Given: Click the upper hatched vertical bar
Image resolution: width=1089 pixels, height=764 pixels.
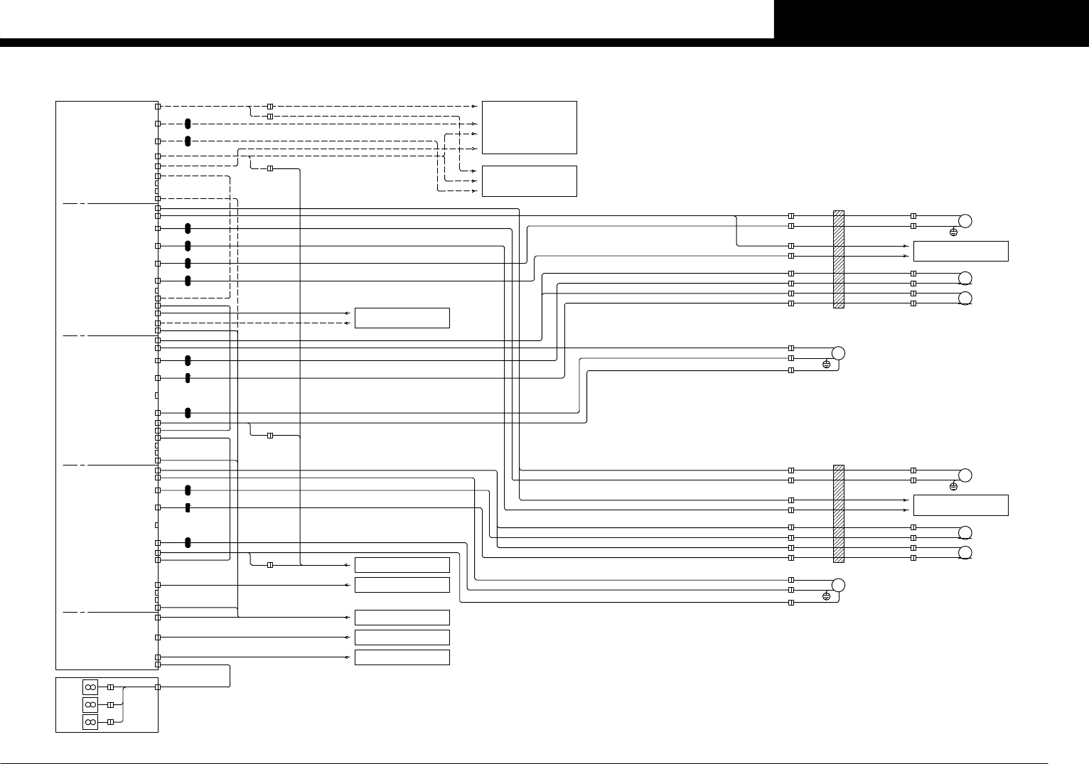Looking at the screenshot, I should [x=838, y=259].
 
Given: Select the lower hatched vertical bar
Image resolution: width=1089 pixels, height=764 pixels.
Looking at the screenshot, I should [x=838, y=514].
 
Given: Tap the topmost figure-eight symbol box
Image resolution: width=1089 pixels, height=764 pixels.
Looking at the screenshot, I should [x=90, y=687].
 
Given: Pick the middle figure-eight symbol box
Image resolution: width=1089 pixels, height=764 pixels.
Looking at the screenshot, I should [x=90, y=704].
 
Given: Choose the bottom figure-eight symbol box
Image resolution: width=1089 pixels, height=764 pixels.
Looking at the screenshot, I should [x=90, y=722].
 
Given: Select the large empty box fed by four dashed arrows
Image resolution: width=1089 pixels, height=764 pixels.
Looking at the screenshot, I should [x=529, y=127].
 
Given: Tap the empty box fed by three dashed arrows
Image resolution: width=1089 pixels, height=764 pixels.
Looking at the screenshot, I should [x=529, y=181].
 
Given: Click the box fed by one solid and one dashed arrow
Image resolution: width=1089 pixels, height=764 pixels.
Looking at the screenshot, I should [x=402, y=318].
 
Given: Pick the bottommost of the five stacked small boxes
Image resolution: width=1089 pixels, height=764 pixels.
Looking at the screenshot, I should [x=402, y=657].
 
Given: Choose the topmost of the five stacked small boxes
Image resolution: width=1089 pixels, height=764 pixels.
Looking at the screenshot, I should [x=402, y=565].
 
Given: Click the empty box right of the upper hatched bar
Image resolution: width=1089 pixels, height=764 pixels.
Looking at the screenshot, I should [x=960, y=251].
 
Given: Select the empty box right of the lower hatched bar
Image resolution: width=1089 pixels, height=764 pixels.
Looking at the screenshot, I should [x=960, y=505].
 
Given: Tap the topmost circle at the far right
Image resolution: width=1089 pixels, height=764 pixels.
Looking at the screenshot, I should [x=965, y=220].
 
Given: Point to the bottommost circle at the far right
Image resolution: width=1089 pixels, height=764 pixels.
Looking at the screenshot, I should [x=965, y=553].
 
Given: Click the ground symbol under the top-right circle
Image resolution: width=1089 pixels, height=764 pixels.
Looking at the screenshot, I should [x=953, y=232].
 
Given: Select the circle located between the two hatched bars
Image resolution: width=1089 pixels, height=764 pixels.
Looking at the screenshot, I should [x=838, y=353].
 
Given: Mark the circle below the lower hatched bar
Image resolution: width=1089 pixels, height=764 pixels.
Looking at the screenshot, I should [x=838, y=585].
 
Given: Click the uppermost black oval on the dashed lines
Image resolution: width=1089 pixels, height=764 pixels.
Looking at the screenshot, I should [x=188, y=124].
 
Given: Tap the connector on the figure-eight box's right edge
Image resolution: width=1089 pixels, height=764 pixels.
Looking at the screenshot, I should [x=158, y=687].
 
